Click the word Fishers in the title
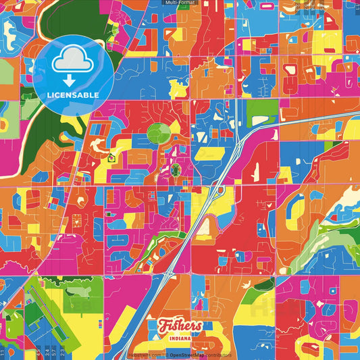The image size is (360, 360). [180, 326]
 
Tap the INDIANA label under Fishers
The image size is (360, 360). [180, 337]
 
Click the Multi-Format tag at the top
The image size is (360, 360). [180, 3]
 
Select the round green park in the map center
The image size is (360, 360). [159, 133]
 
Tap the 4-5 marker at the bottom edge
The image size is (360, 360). [37, 351]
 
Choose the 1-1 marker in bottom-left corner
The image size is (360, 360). [3, 351]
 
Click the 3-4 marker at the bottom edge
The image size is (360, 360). [46, 351]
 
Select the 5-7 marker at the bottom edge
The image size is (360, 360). [55, 351]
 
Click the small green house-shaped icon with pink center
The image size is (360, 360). [111, 158]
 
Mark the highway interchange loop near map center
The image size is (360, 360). [220, 191]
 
